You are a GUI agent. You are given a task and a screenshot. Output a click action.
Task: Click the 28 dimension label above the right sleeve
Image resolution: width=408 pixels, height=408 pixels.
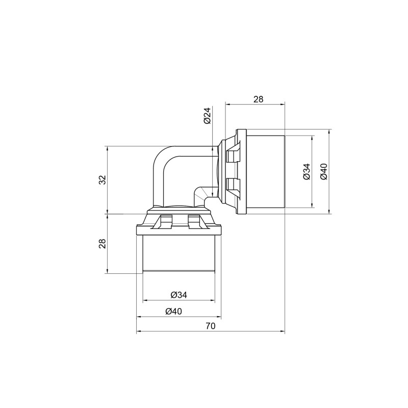pos(258,99)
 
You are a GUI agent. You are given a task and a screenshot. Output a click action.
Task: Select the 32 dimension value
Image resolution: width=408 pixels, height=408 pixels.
pos(102,180)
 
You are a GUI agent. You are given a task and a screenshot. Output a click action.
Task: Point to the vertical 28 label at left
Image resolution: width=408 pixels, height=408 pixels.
pos(102,243)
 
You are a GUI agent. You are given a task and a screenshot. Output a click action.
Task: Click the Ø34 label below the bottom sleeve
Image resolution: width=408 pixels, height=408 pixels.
pos(178,295)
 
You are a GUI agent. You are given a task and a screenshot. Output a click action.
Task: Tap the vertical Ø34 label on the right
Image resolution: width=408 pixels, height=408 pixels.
pos(306,171)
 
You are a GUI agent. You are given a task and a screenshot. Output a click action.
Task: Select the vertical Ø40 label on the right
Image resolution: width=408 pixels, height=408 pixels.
pos(323,171)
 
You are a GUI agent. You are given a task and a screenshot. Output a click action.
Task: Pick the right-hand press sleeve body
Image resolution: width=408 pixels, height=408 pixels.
pos(265,171)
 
